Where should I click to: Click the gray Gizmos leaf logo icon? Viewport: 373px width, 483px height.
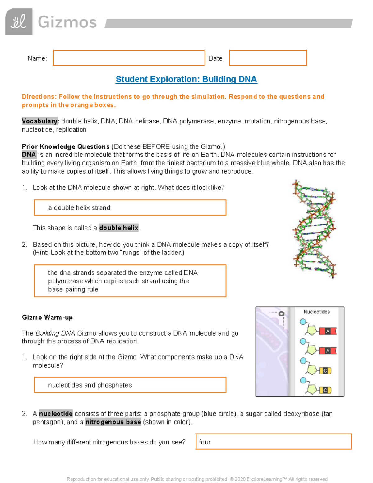tap(19, 22)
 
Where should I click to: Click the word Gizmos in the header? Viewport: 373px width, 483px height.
tap(67, 22)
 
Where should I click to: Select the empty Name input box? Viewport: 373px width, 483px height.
tap(129, 58)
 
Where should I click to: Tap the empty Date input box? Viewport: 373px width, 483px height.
tap(268, 58)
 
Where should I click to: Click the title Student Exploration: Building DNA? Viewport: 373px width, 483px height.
tap(186, 79)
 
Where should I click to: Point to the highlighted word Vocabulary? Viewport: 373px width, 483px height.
tap(40, 121)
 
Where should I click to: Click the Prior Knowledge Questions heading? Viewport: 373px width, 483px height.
tap(66, 146)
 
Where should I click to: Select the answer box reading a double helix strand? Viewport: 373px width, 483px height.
tap(130, 207)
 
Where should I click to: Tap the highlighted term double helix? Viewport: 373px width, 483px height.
tap(119, 228)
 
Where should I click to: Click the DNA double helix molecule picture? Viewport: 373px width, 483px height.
tap(314, 229)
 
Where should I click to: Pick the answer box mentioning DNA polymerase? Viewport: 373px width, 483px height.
tap(130, 281)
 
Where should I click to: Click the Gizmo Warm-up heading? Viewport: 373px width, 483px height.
tap(47, 318)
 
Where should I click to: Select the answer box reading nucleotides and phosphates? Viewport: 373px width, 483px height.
tap(130, 385)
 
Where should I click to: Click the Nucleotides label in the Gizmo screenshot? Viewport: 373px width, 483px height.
tap(316, 312)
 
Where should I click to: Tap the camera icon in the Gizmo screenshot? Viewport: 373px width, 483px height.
tap(282, 313)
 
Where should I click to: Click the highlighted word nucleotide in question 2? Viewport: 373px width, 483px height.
tap(56, 414)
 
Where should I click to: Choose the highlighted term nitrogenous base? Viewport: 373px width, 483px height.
tap(113, 422)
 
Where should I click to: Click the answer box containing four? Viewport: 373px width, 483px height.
tap(274, 442)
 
